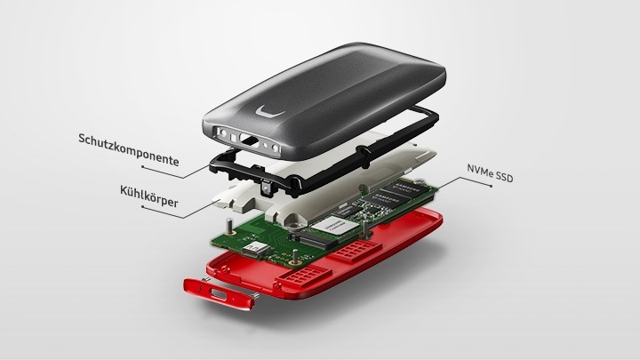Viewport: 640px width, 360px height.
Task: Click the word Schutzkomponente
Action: [x=128, y=150]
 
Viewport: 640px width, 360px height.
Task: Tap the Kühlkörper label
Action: [x=149, y=196]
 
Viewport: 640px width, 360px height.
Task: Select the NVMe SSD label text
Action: [x=490, y=172]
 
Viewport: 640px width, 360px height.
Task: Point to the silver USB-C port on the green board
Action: [x=256, y=249]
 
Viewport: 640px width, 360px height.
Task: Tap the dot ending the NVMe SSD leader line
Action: [x=491, y=186]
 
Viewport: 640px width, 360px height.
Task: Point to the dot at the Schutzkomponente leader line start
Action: [x=142, y=166]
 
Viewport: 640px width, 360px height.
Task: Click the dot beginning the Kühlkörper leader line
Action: [x=142, y=207]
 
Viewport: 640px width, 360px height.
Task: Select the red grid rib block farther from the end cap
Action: [x=355, y=250]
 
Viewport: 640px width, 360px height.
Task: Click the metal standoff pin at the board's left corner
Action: [x=231, y=226]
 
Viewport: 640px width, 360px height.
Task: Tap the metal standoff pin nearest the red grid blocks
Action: [x=295, y=256]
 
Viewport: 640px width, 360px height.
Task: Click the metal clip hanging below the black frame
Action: [x=266, y=188]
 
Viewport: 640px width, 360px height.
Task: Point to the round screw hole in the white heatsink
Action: [x=295, y=220]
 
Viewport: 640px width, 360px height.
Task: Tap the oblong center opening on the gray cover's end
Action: [x=248, y=139]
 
